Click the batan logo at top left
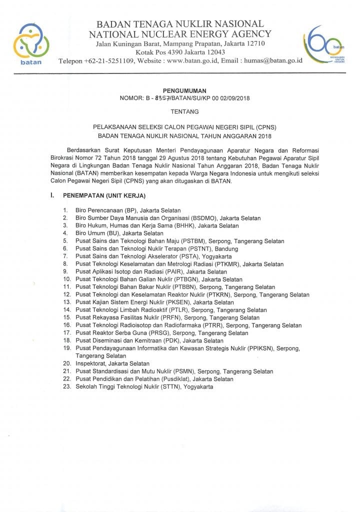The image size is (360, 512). (x=31, y=43)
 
